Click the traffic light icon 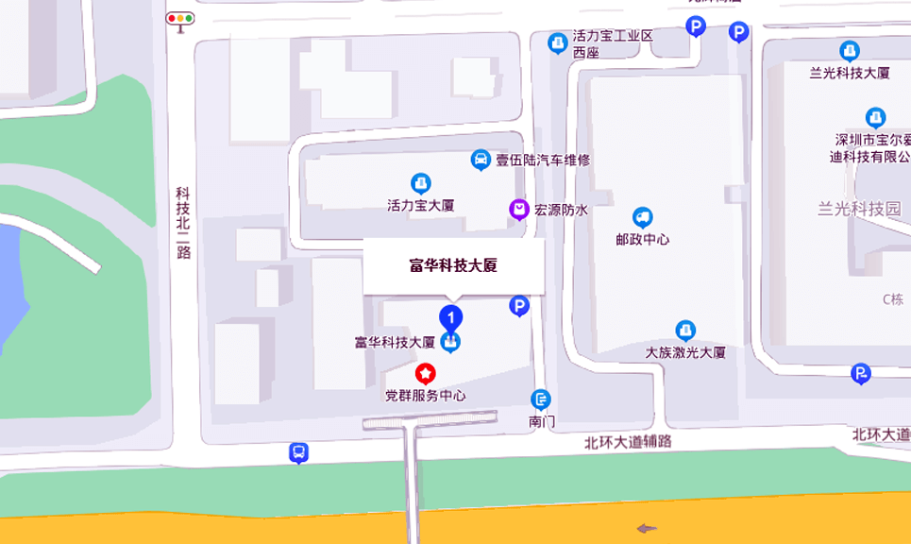tap(179, 18)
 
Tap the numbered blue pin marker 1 tap(452, 317)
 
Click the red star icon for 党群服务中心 tap(426, 374)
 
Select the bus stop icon tap(298, 453)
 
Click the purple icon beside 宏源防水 tap(518, 210)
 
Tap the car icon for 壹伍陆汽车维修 tap(481, 160)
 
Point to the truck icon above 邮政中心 tap(642, 218)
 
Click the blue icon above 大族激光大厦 tap(685, 331)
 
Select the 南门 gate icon tap(541, 399)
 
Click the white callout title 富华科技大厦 tap(453, 265)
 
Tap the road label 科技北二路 tap(183, 222)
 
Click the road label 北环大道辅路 tap(628, 441)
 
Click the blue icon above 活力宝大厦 tap(421, 182)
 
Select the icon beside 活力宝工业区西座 tap(558, 42)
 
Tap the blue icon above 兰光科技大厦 tap(850, 51)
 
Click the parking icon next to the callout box tap(518, 306)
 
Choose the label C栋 tap(893, 299)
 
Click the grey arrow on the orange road tap(646, 528)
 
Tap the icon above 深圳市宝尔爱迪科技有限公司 tap(876, 117)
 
